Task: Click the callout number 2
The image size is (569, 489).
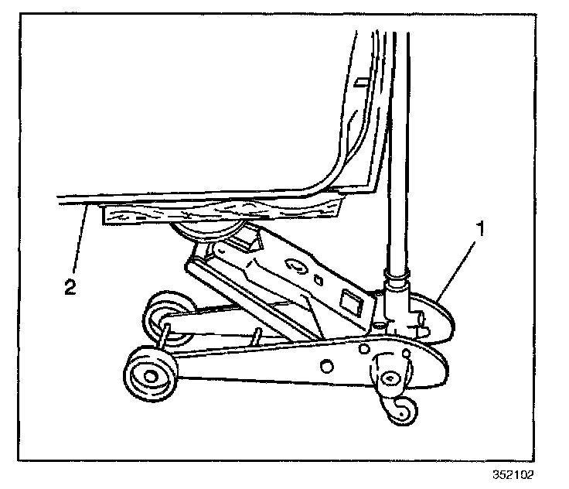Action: [70, 287]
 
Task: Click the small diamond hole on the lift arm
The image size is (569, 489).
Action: [319, 275]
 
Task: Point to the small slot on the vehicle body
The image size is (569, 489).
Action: [361, 80]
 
